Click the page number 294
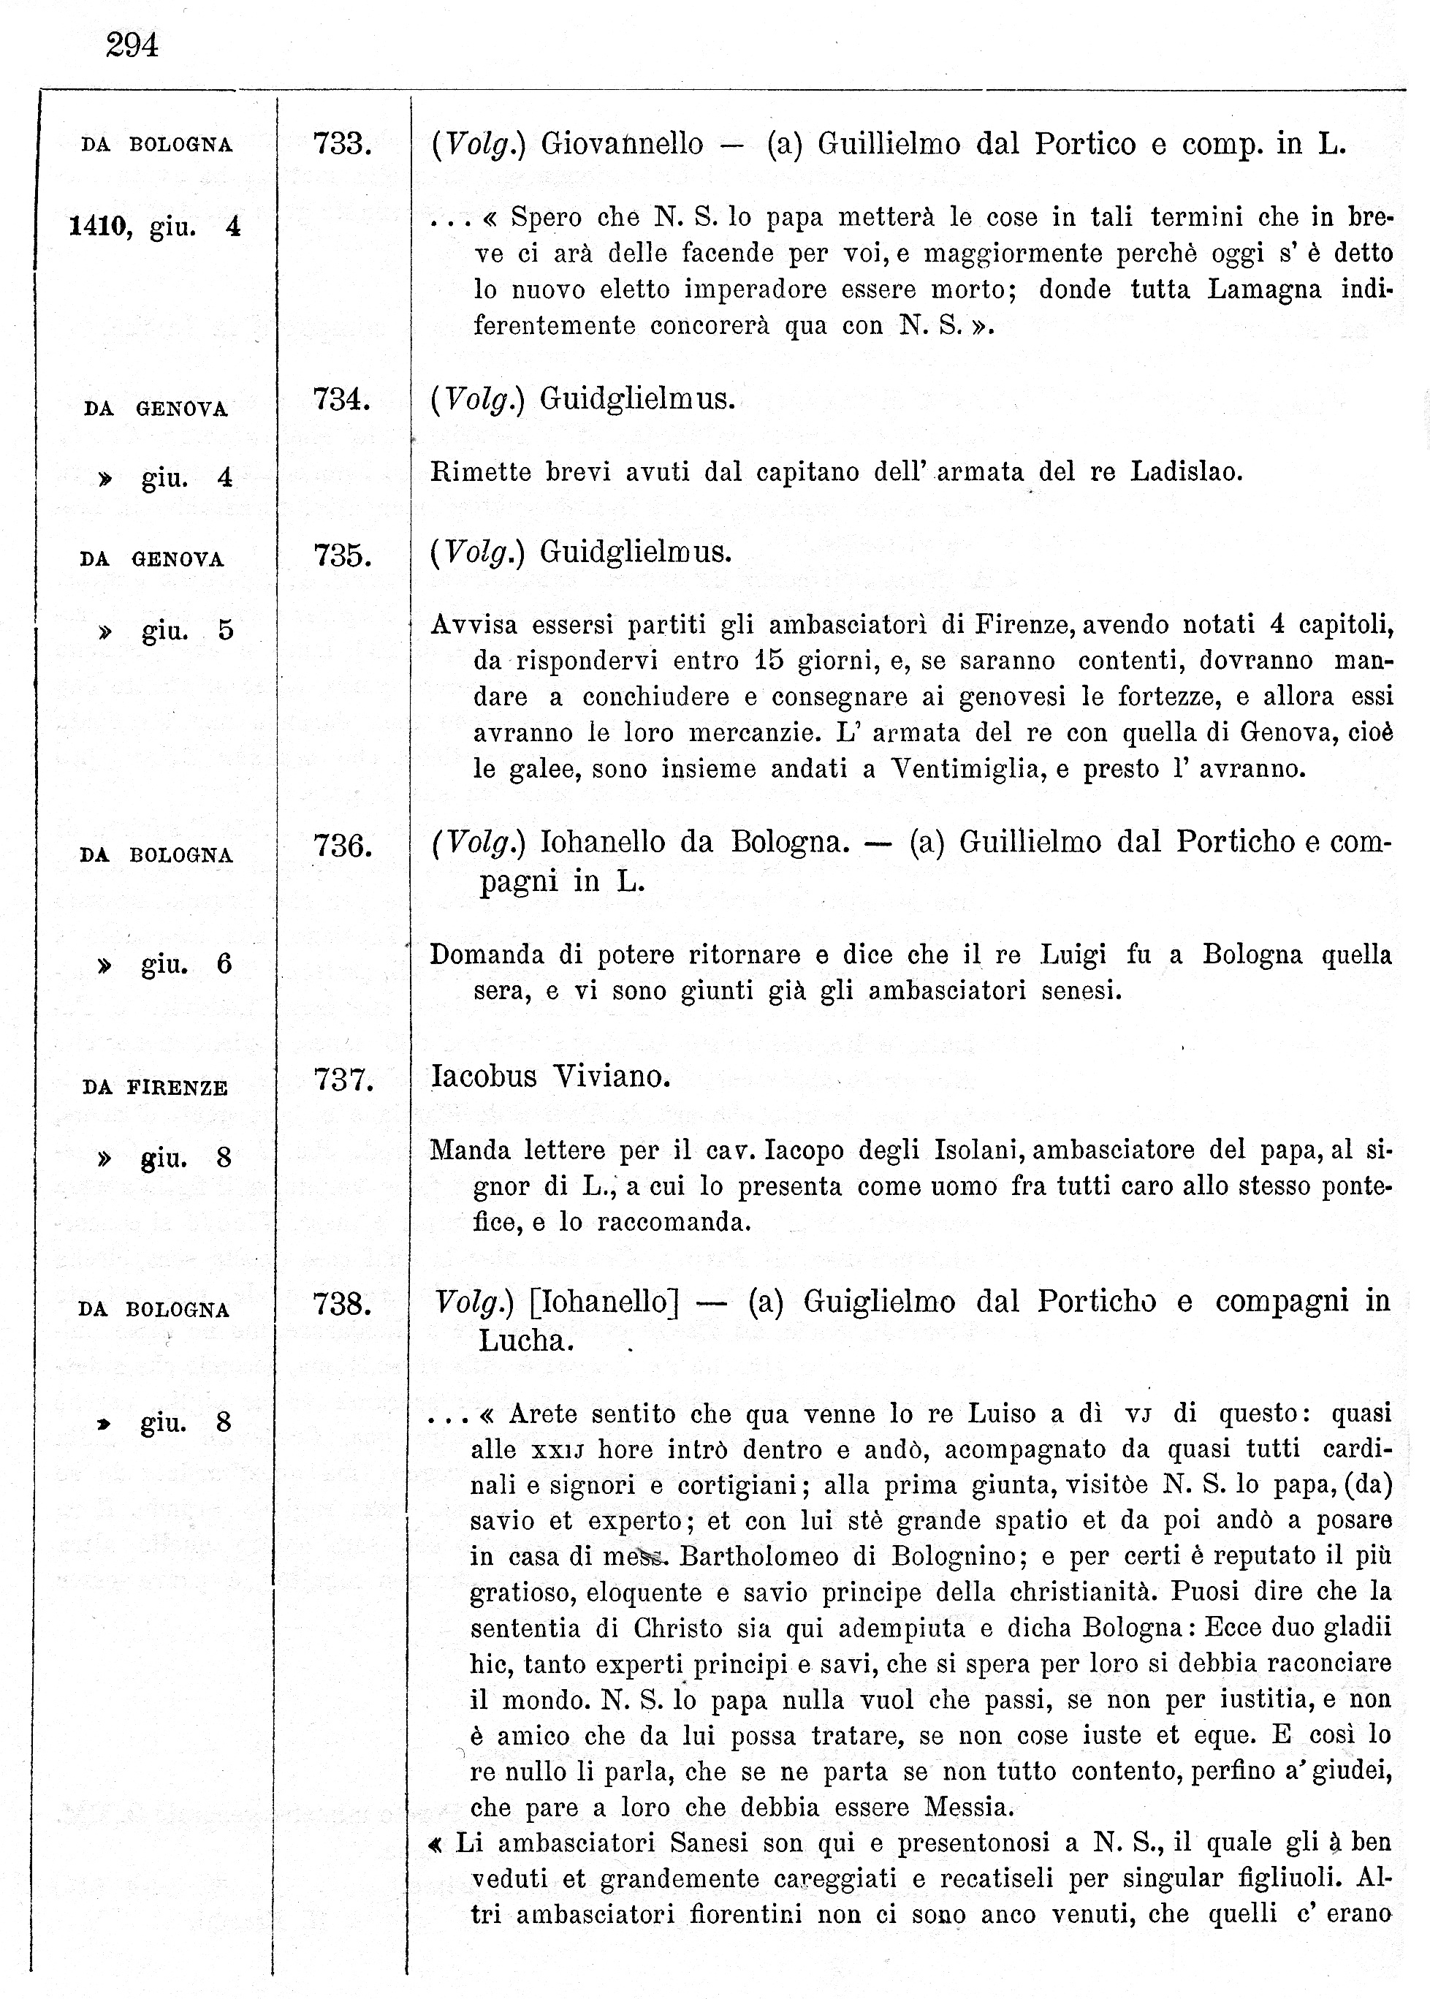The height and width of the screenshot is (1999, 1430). click(x=132, y=44)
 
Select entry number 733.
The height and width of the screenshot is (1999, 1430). click(x=343, y=143)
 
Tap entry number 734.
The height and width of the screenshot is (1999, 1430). click(x=342, y=400)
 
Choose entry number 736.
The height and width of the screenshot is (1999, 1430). click(x=343, y=846)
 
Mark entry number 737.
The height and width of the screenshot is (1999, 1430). click(x=343, y=1080)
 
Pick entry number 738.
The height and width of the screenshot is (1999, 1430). click(x=343, y=1304)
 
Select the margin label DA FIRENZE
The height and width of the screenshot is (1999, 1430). click(x=155, y=1088)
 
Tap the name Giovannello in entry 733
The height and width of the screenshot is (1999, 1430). click(x=622, y=143)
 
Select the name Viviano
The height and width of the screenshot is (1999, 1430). click(x=611, y=1076)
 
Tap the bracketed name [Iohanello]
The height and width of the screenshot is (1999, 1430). click(x=604, y=1302)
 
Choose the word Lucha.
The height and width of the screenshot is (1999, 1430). click(x=525, y=1340)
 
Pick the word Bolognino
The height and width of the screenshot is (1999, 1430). click(x=953, y=1556)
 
